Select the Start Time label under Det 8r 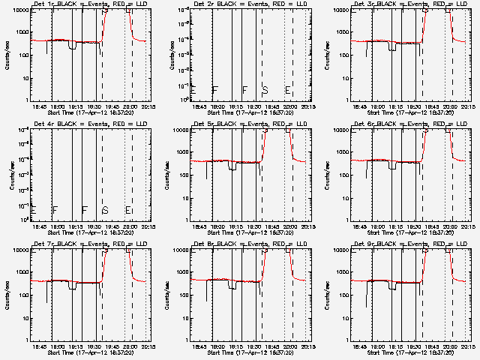(x=248, y=352)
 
